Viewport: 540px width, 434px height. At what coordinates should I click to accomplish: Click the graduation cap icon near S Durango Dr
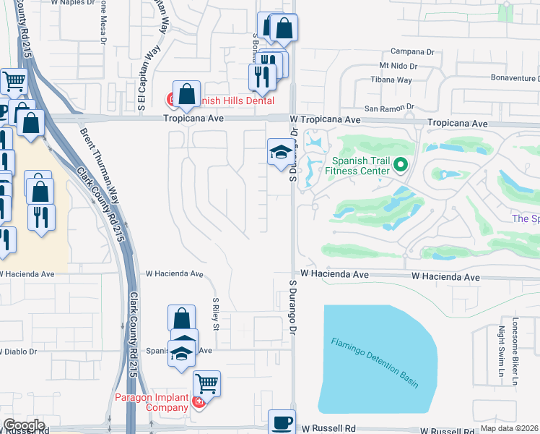(x=280, y=153)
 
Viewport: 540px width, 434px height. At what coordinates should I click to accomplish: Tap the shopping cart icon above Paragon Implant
(x=206, y=383)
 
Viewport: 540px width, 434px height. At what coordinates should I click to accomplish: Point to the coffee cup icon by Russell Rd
(x=282, y=422)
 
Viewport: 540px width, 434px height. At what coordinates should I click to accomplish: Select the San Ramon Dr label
(x=389, y=109)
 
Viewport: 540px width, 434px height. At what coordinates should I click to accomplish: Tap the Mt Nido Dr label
(x=389, y=66)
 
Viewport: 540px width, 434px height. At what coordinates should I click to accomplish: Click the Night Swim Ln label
(x=500, y=357)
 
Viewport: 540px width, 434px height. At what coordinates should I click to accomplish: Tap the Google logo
(x=24, y=425)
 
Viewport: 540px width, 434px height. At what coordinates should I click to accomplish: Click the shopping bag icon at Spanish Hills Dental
(x=186, y=93)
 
